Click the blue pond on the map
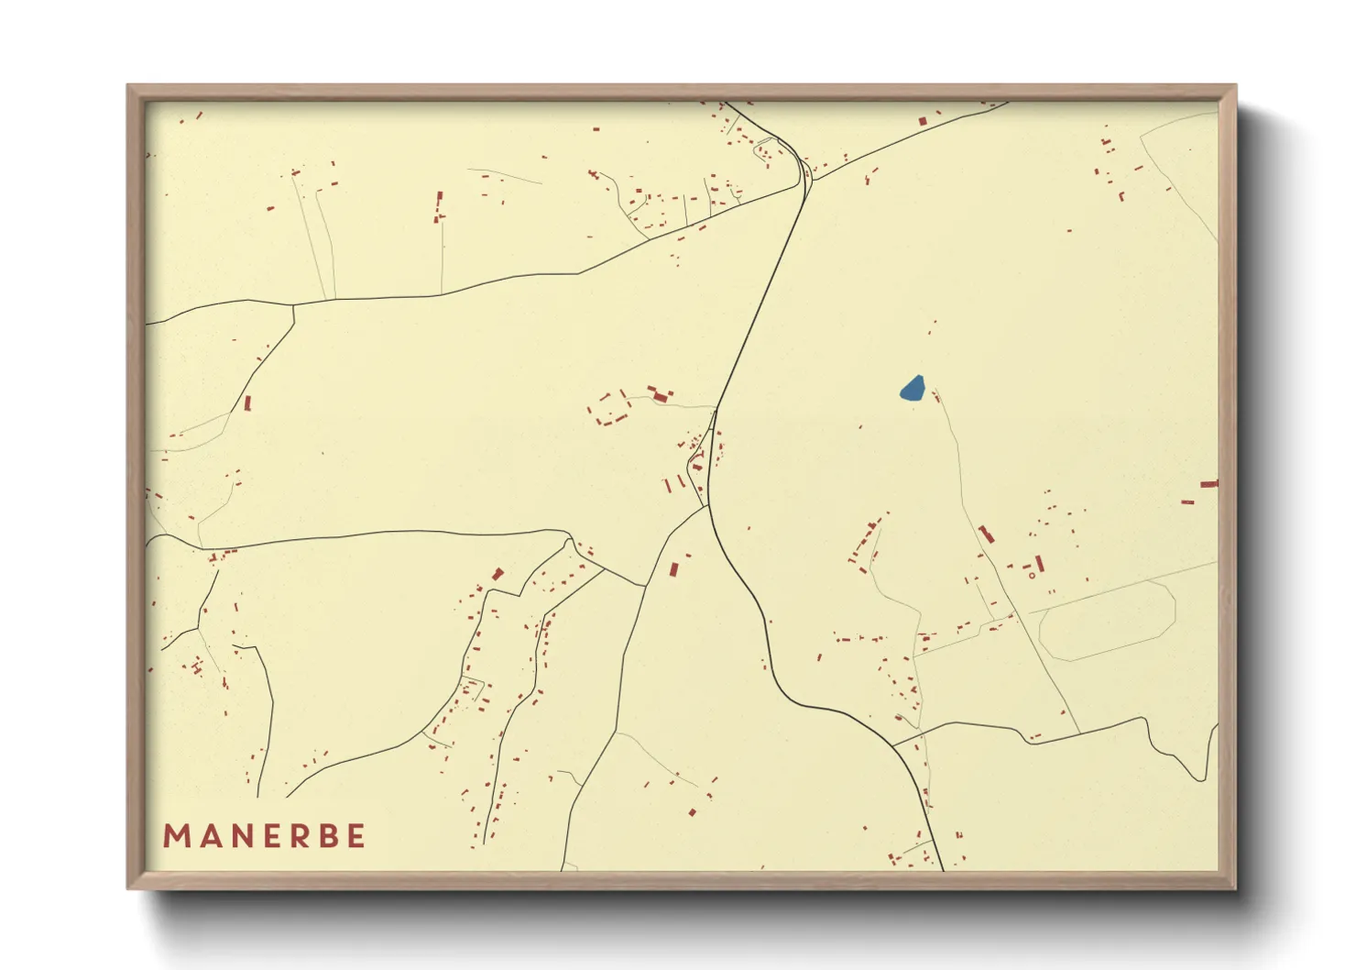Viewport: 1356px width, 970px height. [x=912, y=389]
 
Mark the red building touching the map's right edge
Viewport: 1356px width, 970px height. [x=1208, y=483]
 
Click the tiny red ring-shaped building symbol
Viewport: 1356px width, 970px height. [x=1032, y=576]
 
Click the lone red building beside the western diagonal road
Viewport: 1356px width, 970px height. [x=247, y=402]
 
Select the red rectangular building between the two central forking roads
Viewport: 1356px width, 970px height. [x=673, y=568]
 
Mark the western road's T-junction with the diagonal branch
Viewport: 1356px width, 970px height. [x=293, y=305]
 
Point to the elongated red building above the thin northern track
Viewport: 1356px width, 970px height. [x=439, y=204]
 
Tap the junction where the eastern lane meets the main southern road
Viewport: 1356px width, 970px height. [x=893, y=744]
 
